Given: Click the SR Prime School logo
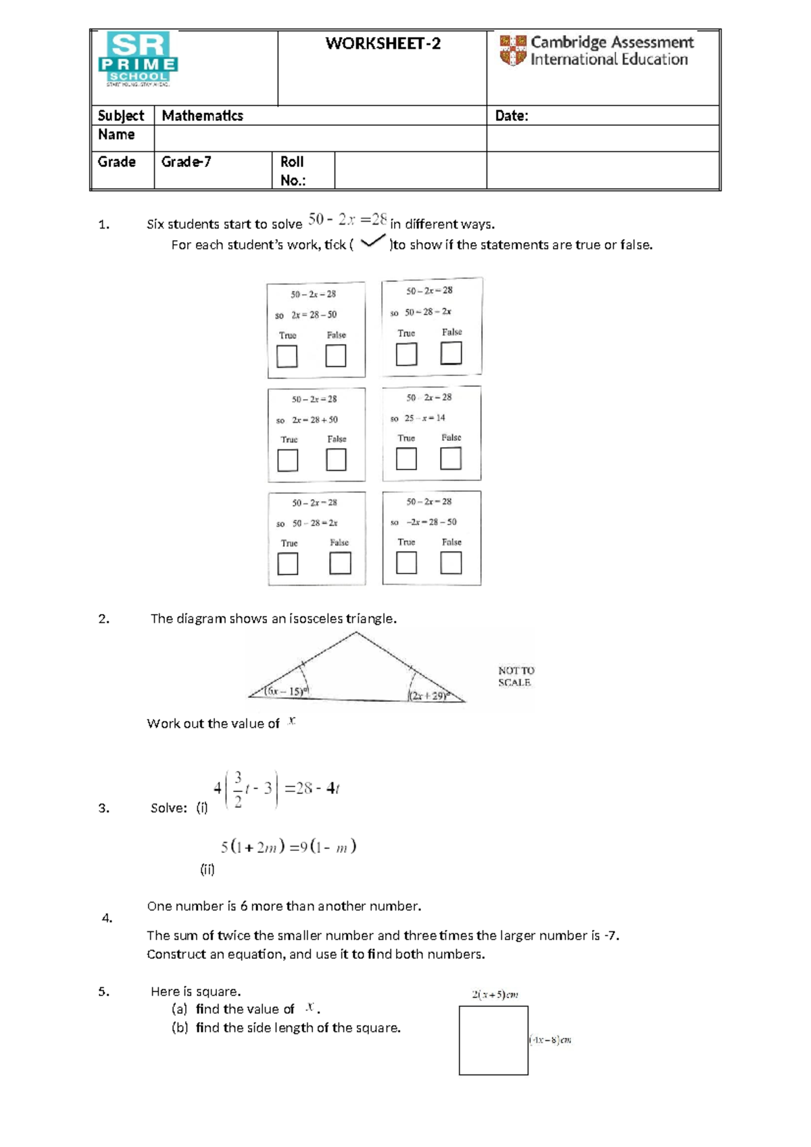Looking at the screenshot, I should [x=138, y=60].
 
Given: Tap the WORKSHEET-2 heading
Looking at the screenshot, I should [x=383, y=44].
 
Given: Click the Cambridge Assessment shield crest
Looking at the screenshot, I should [x=513, y=51].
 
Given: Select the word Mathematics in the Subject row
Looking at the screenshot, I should [x=202, y=116].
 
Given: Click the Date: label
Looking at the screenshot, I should [x=512, y=116].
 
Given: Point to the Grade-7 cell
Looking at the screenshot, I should [x=186, y=162].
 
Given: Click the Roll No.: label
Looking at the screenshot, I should [x=293, y=170].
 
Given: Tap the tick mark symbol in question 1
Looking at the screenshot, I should [x=373, y=242].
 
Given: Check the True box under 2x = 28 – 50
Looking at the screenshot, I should [x=287, y=356].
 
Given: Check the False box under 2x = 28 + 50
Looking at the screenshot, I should [x=336, y=460].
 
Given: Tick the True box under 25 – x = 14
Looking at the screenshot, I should [x=406, y=459].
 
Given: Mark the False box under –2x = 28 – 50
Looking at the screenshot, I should [x=451, y=563].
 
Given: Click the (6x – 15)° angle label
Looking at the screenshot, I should [x=287, y=690].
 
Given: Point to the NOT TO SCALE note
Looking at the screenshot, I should [x=516, y=676].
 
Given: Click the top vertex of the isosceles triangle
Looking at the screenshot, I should [x=356, y=633].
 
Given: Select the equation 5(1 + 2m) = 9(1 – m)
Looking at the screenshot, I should [x=288, y=847].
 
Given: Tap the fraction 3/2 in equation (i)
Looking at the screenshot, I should [x=238, y=789].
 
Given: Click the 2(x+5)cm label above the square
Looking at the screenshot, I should [x=495, y=994].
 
